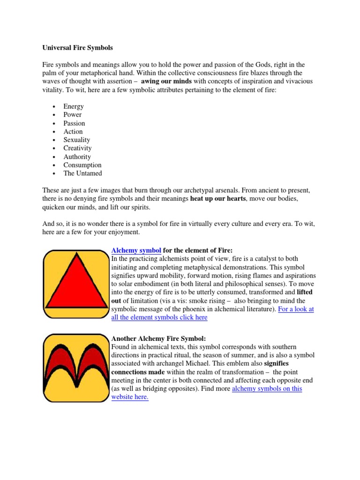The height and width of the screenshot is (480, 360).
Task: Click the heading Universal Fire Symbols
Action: [78, 48]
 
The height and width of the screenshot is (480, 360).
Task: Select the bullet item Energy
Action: [74, 106]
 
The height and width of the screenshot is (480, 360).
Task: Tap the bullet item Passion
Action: [75, 123]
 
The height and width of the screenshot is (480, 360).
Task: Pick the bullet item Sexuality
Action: [77, 140]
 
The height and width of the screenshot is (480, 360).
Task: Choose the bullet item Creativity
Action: [78, 148]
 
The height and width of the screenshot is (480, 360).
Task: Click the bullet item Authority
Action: [77, 157]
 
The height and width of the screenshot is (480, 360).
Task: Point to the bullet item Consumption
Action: [82, 165]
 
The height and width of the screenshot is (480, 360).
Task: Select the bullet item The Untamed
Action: [82, 173]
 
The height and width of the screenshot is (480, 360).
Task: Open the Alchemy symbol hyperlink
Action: [136, 250]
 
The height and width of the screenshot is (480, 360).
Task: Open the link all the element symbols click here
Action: [159, 317]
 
